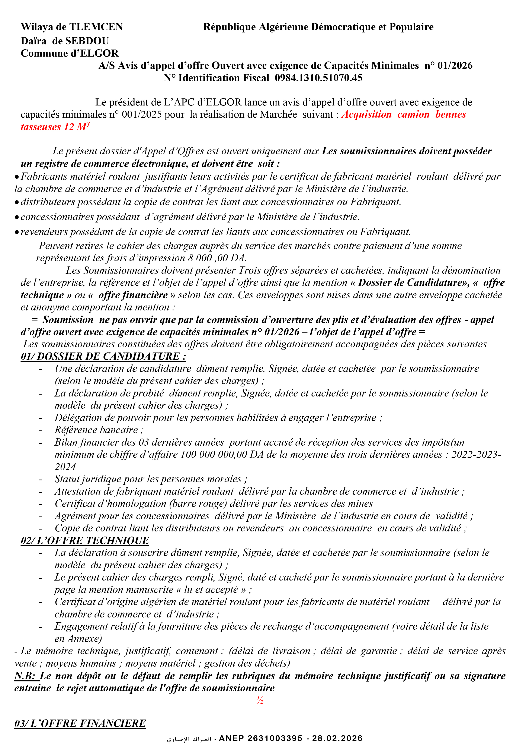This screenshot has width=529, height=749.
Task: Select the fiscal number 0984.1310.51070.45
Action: (x=318, y=78)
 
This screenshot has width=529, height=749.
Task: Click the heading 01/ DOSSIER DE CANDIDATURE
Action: (x=103, y=356)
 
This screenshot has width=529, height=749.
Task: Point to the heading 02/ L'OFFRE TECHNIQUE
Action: (x=85, y=541)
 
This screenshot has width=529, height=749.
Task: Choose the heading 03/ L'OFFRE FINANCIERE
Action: (x=80, y=723)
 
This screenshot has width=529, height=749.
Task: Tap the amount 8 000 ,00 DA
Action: (x=217, y=258)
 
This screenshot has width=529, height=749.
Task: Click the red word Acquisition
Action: (x=366, y=114)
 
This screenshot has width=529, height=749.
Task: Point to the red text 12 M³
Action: (x=77, y=127)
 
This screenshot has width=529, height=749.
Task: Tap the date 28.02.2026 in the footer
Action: (x=337, y=739)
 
